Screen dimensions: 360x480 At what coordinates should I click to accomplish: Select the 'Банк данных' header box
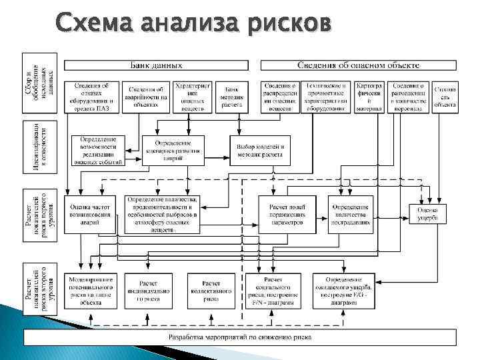pyautogui.click(x=155, y=65)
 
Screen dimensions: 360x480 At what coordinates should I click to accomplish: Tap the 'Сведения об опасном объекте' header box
pyautogui.click(x=358, y=65)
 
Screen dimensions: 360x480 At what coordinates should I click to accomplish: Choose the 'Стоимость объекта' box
pyautogui.click(x=444, y=96)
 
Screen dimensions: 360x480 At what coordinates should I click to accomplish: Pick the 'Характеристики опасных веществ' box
pyautogui.click(x=193, y=96)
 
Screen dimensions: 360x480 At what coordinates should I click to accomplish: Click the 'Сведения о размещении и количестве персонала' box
pyautogui.click(x=407, y=96)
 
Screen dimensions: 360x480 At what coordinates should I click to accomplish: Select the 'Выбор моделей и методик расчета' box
pyautogui.click(x=260, y=151)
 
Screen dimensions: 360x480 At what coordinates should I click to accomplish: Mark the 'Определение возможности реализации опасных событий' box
pyautogui.click(x=98, y=151)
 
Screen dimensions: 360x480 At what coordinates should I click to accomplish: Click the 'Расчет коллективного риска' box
pyautogui.click(x=211, y=291)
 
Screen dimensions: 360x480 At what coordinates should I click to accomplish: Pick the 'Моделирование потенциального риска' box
pyautogui.click(x=90, y=291)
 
